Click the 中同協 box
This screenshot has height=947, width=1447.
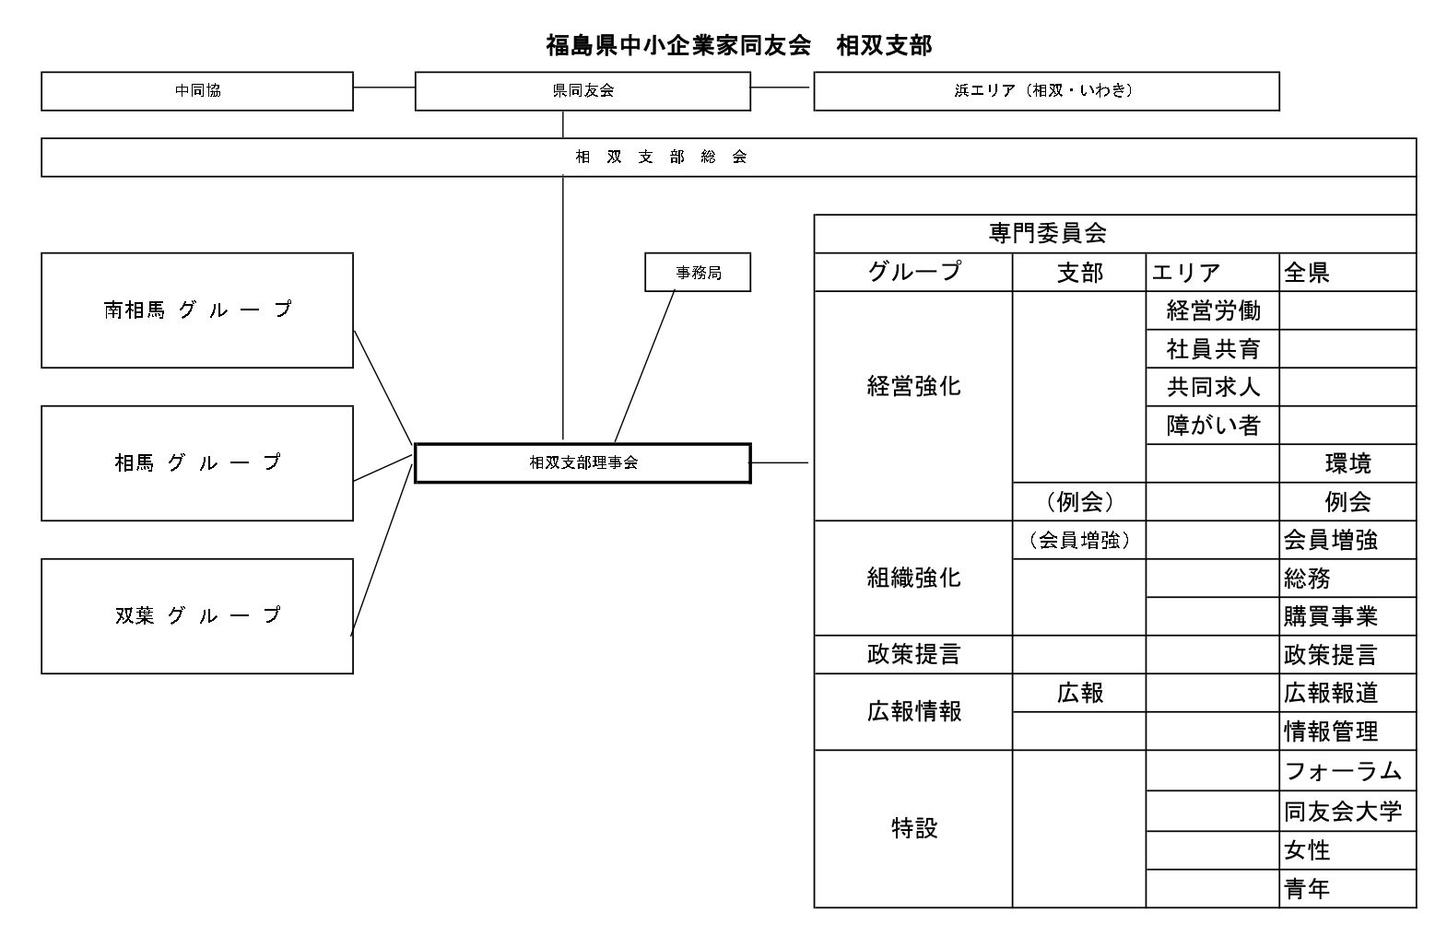[x=197, y=91]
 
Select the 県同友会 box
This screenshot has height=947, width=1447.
[x=582, y=91]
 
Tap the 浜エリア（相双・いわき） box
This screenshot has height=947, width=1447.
[x=1046, y=91]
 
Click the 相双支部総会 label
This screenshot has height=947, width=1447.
[x=661, y=158]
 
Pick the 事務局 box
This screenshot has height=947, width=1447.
[x=698, y=273]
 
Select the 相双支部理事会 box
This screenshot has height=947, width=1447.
[x=582, y=463]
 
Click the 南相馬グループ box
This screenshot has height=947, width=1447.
[x=197, y=310]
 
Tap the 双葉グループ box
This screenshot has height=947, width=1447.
[x=197, y=616]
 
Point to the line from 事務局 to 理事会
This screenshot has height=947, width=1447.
[x=645, y=367]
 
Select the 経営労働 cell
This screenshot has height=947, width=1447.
[x=1213, y=310]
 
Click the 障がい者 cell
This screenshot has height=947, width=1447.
[x=1213, y=426]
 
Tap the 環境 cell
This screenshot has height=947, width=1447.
[x=1347, y=463]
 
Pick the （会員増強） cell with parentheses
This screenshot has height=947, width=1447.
[x=1079, y=541]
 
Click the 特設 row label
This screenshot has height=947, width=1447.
[x=914, y=829]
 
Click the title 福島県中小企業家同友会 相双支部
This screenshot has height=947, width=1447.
[x=738, y=45]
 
